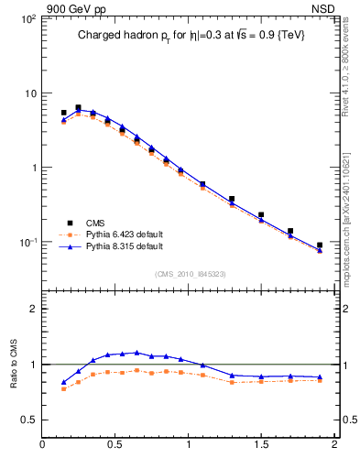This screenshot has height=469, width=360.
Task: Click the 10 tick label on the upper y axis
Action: pyautogui.click(x=29, y=93)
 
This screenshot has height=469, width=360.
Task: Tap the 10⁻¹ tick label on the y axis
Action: pyautogui.click(x=27, y=243)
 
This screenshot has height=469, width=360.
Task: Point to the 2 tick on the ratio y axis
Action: pyautogui.click(x=32, y=309)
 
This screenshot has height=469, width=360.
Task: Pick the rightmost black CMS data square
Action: pyautogui.click(x=320, y=245)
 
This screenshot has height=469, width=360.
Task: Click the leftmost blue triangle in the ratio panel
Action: pyautogui.click(x=63, y=382)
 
